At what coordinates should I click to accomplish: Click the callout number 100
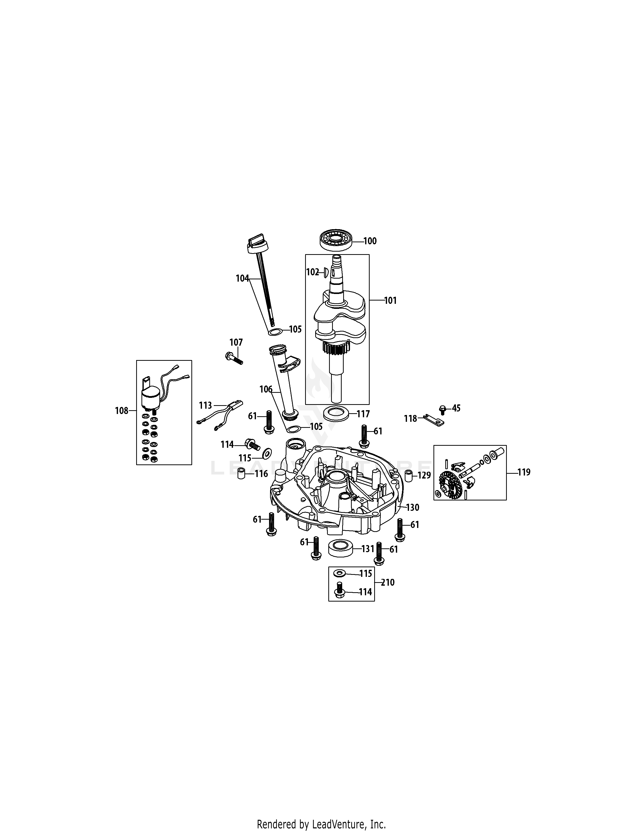pyautogui.click(x=370, y=241)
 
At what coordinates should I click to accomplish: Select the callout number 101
pyautogui.click(x=390, y=301)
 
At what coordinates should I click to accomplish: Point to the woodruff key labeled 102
pyautogui.click(x=326, y=272)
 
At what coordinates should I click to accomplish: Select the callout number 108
pyautogui.click(x=122, y=411)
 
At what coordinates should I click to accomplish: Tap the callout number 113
pyautogui.click(x=205, y=406)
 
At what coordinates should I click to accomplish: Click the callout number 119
pyautogui.click(x=524, y=472)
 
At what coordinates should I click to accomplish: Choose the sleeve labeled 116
pyautogui.click(x=241, y=474)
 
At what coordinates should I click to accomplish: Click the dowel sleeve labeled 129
pyautogui.click(x=408, y=476)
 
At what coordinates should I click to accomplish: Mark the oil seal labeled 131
pyautogui.click(x=339, y=549)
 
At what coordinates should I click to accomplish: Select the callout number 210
pyautogui.click(x=388, y=582)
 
